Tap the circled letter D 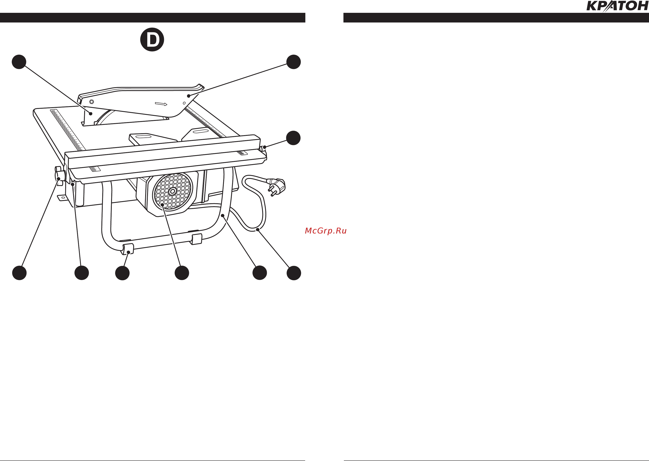[152, 40]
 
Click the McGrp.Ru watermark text [326, 231]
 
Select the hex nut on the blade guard [92, 102]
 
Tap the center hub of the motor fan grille [173, 191]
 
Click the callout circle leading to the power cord [294, 273]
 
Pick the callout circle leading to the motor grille [182, 273]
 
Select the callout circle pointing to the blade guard [294, 62]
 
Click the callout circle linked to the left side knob [19, 273]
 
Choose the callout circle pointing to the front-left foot [122, 273]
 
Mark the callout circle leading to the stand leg [260, 273]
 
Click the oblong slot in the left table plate [144, 137]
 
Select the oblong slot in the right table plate [201, 131]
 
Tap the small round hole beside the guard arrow [184, 103]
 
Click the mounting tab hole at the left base [63, 198]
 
